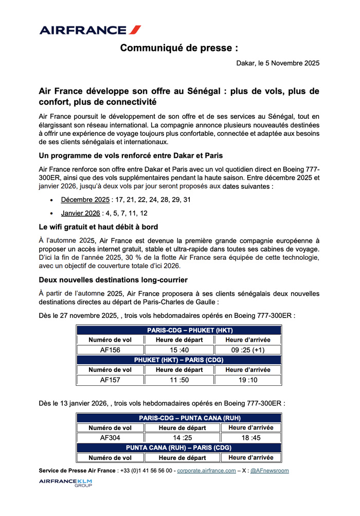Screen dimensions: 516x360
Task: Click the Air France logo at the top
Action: click(x=90, y=30)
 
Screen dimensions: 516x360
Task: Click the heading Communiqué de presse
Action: click(x=179, y=48)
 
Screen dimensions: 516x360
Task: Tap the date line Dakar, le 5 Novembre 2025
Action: click(x=278, y=64)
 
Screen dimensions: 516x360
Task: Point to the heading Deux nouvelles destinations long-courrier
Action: click(x=113, y=280)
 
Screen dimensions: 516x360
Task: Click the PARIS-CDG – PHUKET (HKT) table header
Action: click(x=179, y=330)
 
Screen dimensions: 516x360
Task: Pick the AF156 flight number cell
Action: click(x=110, y=350)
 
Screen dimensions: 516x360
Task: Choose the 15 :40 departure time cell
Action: click(x=179, y=350)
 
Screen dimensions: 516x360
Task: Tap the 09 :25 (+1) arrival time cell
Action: click(x=247, y=350)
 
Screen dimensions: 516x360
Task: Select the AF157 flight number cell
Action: click(x=110, y=380)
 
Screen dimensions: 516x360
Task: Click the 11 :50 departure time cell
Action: click(x=179, y=380)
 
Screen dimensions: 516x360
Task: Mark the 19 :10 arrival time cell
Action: click(x=247, y=380)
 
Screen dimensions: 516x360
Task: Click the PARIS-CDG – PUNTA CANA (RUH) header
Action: click(x=179, y=418)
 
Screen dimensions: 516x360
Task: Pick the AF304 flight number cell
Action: click(x=110, y=438)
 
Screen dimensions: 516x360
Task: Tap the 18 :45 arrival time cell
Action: click(x=250, y=438)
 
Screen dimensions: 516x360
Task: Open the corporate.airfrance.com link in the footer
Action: click(x=206, y=471)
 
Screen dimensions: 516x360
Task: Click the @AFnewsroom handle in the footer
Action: click(x=269, y=471)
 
